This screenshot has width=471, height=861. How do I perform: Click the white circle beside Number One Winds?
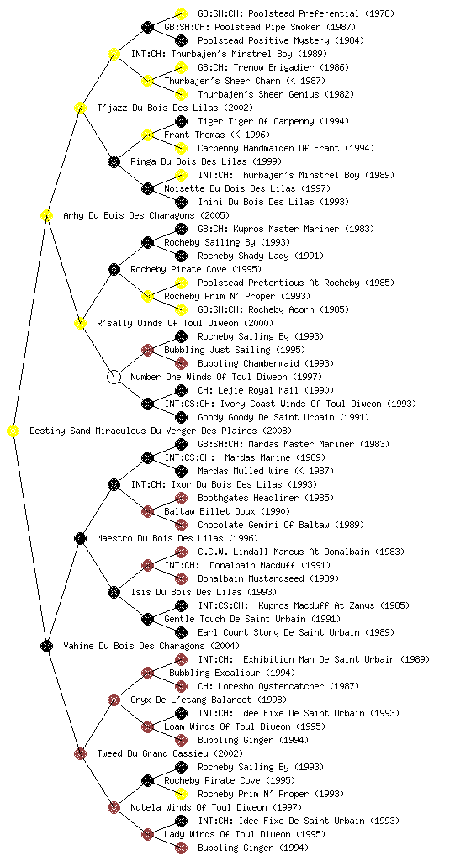[x=114, y=377]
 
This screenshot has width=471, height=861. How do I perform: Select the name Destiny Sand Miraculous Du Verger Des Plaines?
[x=143, y=430]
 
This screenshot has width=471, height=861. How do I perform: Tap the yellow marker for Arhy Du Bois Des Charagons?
[x=46, y=215]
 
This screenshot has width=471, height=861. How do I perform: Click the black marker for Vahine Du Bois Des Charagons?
[x=46, y=646]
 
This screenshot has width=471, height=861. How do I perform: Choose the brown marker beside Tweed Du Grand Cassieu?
[x=80, y=753]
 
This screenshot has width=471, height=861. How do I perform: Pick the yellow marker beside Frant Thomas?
[x=147, y=135]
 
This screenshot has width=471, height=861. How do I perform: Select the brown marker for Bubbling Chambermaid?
[x=181, y=363]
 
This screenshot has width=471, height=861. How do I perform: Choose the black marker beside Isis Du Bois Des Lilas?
[x=114, y=592]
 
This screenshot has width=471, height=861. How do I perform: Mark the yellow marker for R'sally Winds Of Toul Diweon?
[x=80, y=323]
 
